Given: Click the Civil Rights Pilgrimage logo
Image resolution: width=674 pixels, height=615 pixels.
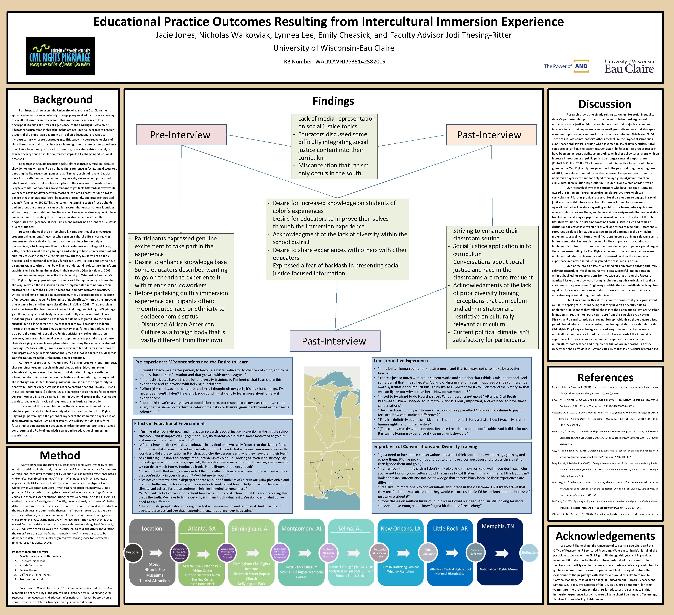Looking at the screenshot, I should point(60,56).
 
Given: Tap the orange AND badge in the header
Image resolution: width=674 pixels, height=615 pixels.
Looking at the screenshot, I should point(581,66).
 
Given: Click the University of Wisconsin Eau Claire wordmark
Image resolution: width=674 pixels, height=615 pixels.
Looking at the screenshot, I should point(629,66).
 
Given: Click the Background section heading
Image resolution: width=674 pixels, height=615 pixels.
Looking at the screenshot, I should point(62,99).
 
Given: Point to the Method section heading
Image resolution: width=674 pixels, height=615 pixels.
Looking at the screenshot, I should point(60,455).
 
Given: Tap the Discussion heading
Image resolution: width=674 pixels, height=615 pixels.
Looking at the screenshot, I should point(605,104).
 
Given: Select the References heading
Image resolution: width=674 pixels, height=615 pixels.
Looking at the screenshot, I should point(605,377).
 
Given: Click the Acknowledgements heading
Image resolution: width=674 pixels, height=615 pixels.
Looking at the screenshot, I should point(605,536).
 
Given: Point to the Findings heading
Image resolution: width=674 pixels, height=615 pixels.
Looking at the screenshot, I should point(333,101).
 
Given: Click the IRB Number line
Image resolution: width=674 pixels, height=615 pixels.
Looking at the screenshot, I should point(334,61).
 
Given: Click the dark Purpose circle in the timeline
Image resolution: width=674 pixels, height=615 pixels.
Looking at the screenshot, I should point(132,552).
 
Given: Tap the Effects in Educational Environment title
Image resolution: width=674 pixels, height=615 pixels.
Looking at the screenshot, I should point(170,424).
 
